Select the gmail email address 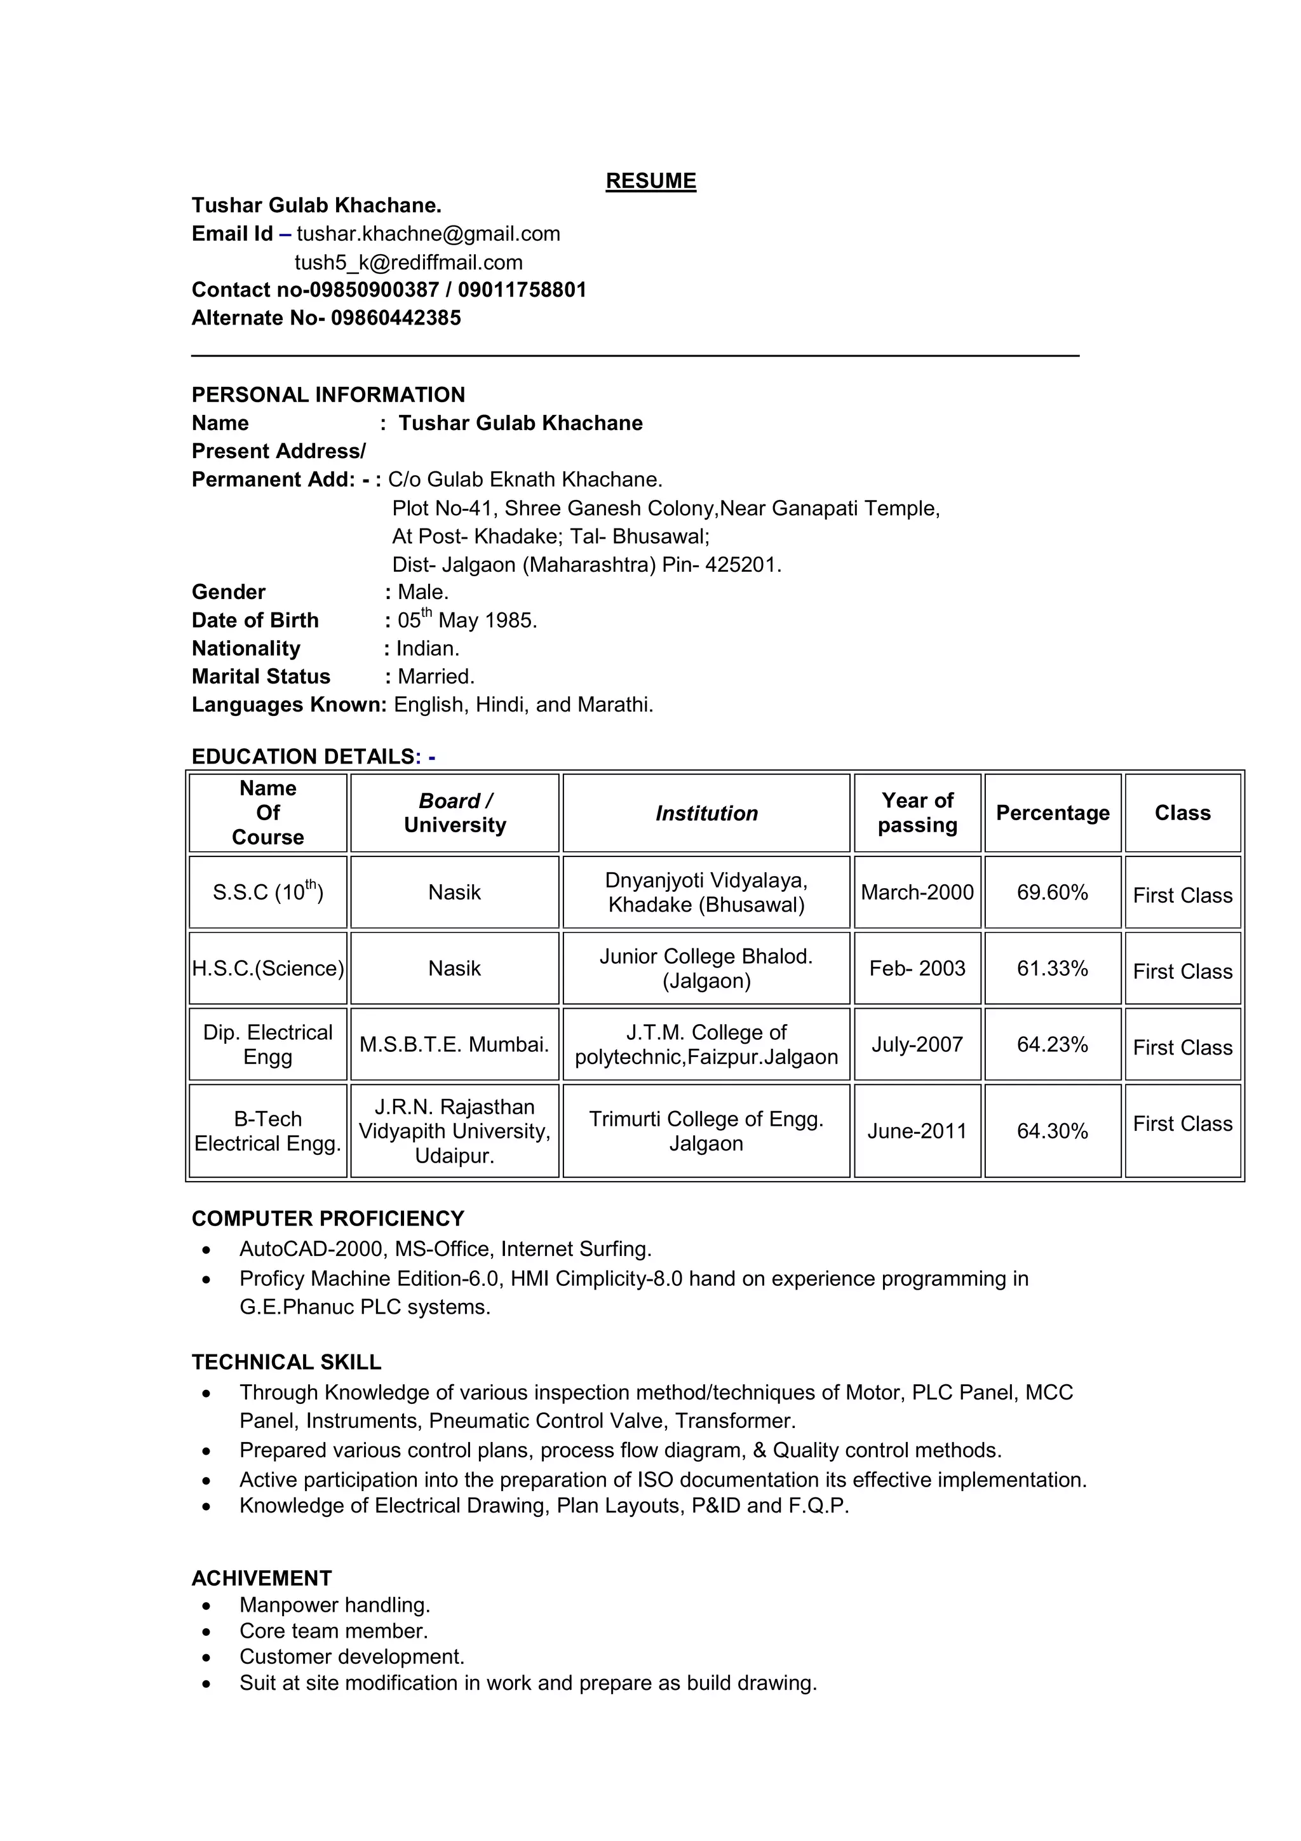tap(428, 234)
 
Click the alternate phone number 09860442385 tap(396, 318)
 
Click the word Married tap(435, 677)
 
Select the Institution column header tap(706, 813)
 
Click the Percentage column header tap(1052, 813)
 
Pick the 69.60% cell tap(1052, 893)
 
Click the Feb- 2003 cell tap(917, 969)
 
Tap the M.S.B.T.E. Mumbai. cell tap(454, 1045)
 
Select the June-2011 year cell tap(917, 1131)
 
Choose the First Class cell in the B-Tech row tap(1182, 1124)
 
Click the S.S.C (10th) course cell tap(267, 892)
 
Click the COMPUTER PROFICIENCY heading tap(328, 1219)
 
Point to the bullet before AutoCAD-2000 tap(207, 1250)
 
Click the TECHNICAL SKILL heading tap(286, 1362)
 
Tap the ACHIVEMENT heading tap(261, 1579)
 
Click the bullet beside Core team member tap(207, 1632)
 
